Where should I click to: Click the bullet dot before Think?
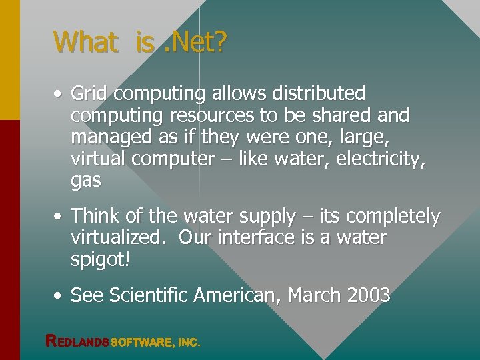click(59, 217)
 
